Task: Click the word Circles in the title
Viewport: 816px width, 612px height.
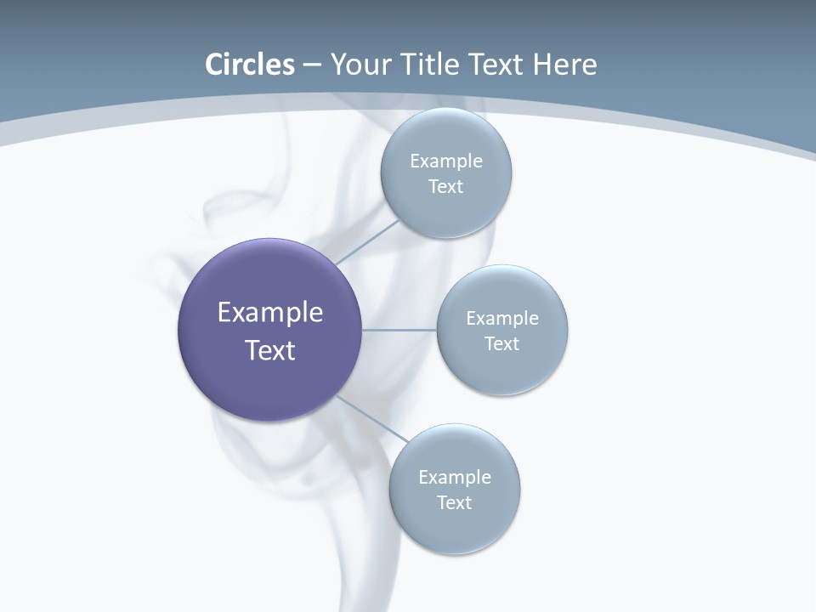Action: (x=249, y=65)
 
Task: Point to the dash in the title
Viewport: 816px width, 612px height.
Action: (x=312, y=65)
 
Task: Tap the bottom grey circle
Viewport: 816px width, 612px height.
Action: (x=455, y=527)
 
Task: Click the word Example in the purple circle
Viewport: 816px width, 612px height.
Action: (x=270, y=313)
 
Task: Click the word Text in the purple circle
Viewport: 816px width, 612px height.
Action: (x=270, y=350)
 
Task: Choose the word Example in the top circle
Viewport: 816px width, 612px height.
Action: (x=446, y=161)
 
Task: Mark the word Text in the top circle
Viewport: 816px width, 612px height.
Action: (x=446, y=187)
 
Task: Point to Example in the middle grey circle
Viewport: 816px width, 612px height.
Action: (x=502, y=318)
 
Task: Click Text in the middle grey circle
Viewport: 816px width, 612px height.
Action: (x=502, y=344)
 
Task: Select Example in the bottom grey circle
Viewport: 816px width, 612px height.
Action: (x=455, y=477)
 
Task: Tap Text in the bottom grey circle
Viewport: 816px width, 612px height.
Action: (x=455, y=503)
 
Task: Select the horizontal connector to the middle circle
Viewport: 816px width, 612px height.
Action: (x=399, y=330)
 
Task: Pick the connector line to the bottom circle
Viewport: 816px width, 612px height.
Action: (x=372, y=418)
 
